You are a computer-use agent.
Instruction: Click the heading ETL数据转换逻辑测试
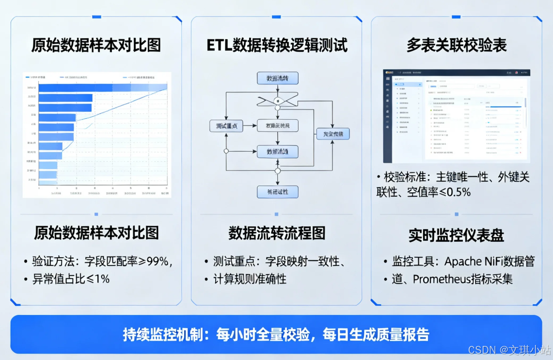click(277, 46)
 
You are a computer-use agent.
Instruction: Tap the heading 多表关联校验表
click(457, 46)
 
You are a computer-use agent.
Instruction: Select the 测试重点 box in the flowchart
click(226, 125)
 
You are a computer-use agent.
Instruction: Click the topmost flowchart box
click(277, 78)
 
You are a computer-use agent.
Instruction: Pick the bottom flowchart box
click(277, 191)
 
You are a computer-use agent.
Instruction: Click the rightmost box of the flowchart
click(333, 134)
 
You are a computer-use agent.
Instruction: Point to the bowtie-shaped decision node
click(277, 100)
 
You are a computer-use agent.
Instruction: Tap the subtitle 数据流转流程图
click(277, 233)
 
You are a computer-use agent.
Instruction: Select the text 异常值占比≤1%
click(71, 279)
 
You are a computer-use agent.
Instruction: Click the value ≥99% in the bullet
click(155, 262)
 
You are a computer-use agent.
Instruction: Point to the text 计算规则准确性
click(250, 279)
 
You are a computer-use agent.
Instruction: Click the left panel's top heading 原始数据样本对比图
click(96, 46)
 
